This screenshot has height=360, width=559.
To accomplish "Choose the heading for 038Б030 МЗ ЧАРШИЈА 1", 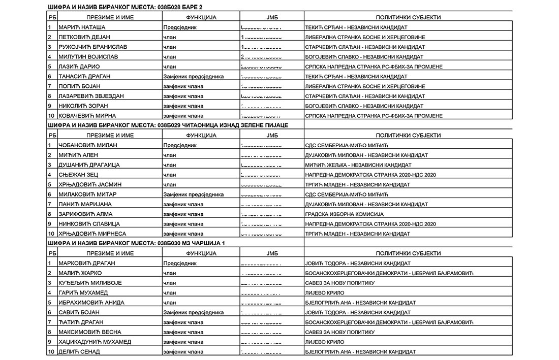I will click(136, 243).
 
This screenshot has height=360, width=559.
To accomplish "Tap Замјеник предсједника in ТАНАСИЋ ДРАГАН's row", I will click(193, 77).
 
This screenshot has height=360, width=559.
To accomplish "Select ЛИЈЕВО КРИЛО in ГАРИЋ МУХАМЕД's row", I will click(325, 292).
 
